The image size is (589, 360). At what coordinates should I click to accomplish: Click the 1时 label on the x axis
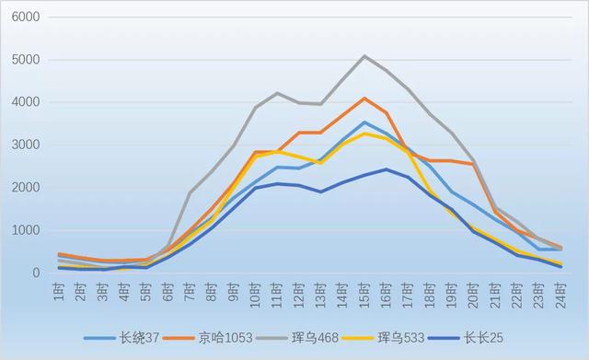click(x=60, y=293)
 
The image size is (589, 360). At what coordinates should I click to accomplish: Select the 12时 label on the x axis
click(x=299, y=295)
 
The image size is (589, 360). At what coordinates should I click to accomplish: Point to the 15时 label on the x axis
click(x=364, y=295)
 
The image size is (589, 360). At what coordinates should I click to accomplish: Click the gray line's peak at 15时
click(x=364, y=56)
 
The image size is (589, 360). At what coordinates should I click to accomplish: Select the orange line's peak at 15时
click(x=364, y=99)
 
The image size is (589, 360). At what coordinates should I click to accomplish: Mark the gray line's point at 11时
click(x=277, y=93)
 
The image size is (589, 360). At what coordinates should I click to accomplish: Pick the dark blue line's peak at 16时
click(x=387, y=169)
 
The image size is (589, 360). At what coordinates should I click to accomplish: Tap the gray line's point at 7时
click(x=191, y=192)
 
